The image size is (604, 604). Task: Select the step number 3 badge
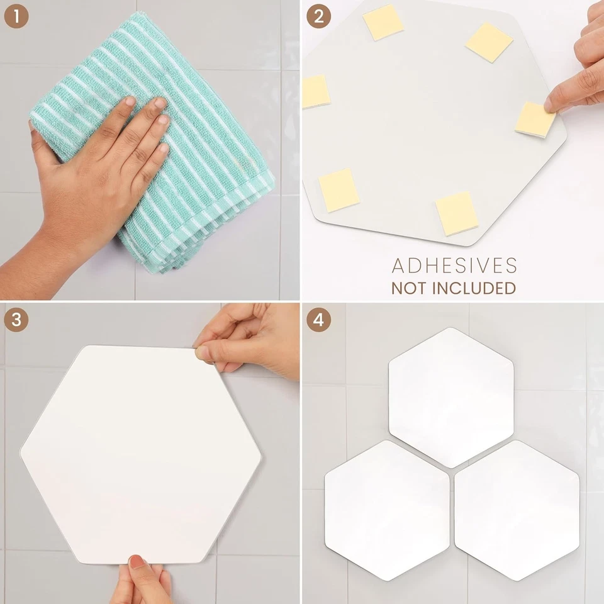[x=16, y=319]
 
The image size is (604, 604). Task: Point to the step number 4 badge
[x=318, y=319]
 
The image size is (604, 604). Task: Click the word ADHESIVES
[x=454, y=266]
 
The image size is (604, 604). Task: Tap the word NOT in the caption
[x=410, y=288]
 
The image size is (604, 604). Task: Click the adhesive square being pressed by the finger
[x=535, y=119]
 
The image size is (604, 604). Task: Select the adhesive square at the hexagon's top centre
[x=383, y=22]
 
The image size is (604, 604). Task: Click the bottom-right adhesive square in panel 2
[x=457, y=213]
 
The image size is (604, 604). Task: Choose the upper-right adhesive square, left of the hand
[x=489, y=42]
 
